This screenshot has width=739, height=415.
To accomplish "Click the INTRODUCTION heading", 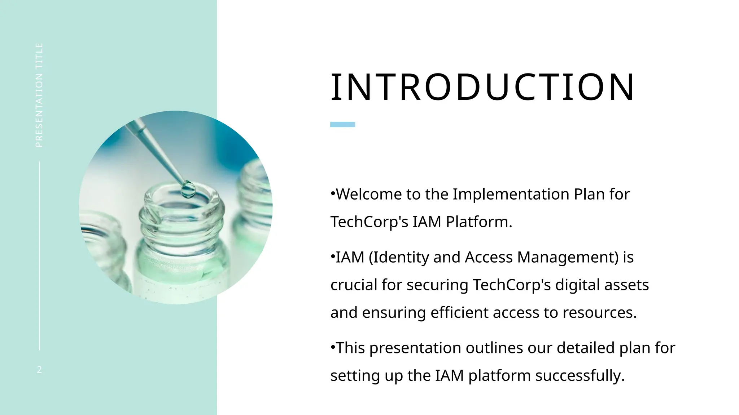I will click(x=482, y=87).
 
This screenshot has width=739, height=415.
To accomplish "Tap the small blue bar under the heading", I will click(x=342, y=124).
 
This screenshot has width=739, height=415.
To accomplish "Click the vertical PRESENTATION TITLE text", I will click(x=39, y=95).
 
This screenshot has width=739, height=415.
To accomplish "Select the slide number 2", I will click(x=39, y=369).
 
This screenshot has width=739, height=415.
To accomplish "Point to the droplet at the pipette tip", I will click(x=188, y=189).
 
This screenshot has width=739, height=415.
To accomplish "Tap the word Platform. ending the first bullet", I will click(x=479, y=222).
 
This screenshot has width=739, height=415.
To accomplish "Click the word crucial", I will click(x=354, y=285).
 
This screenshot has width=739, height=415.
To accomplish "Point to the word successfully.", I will click(x=580, y=376).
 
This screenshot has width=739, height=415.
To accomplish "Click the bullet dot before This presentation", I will click(x=333, y=347).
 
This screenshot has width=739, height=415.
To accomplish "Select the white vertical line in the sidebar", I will click(x=39, y=256).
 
